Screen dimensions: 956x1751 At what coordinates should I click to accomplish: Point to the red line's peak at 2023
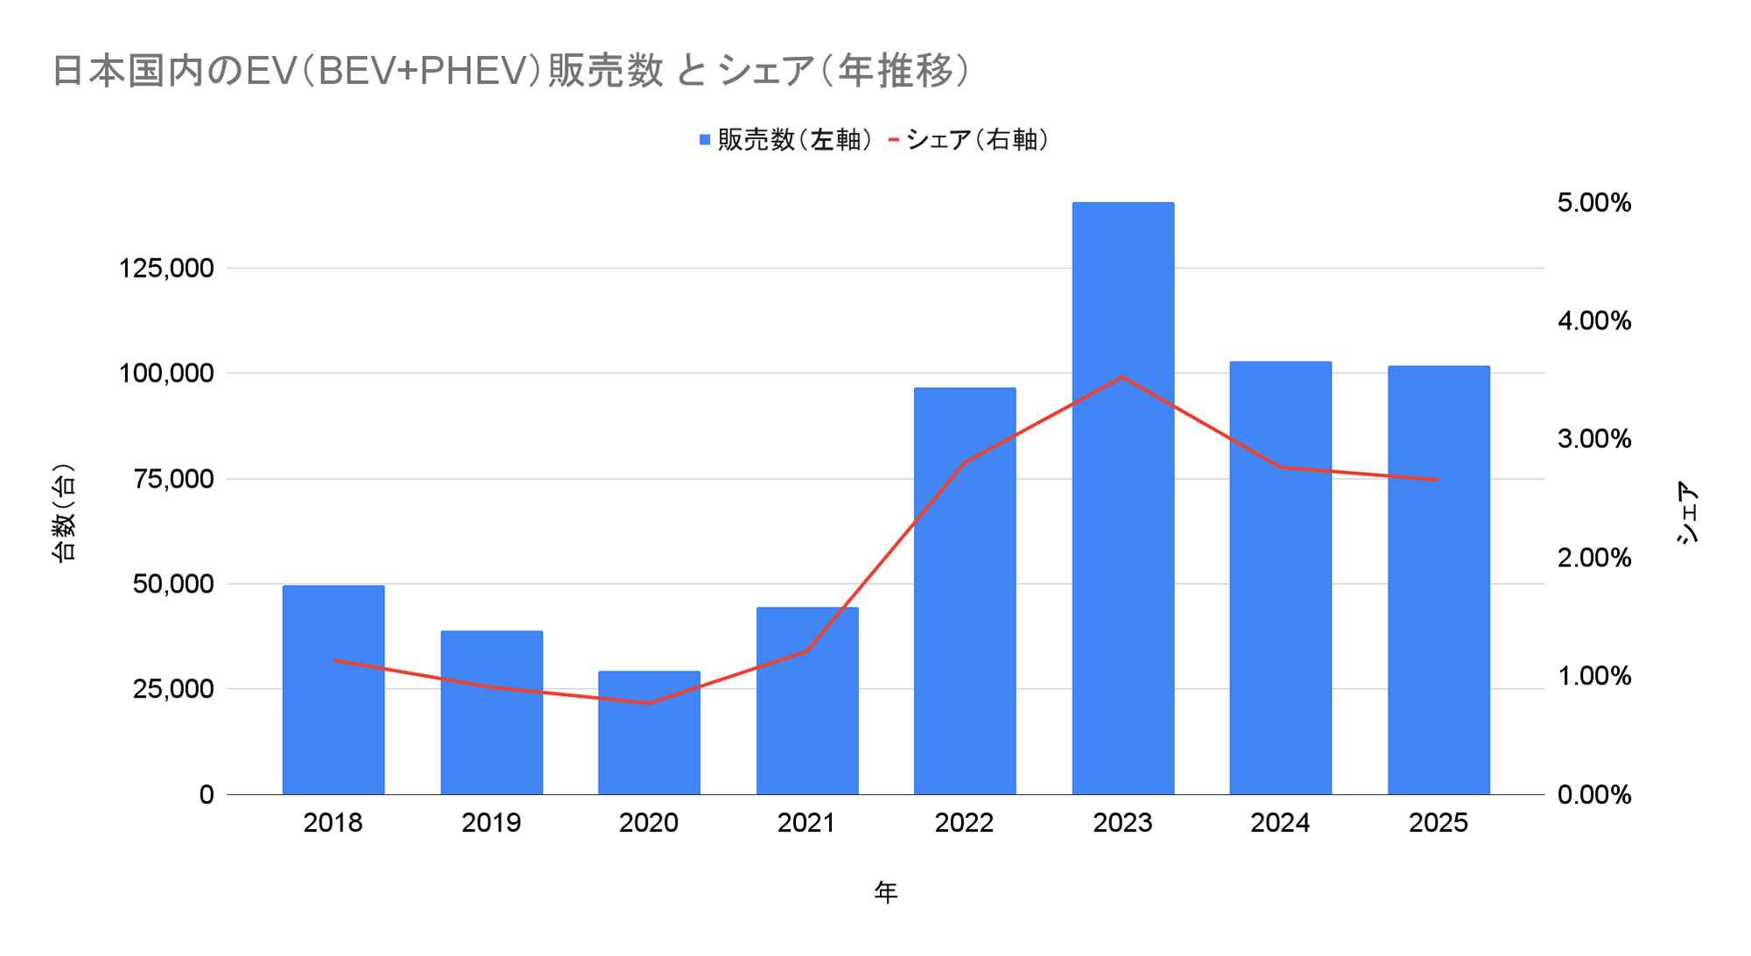tap(1122, 377)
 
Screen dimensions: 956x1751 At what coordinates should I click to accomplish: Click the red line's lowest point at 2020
tap(649, 703)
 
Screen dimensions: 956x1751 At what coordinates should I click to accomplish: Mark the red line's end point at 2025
tap(1438, 480)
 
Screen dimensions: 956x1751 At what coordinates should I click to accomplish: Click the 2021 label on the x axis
tap(806, 823)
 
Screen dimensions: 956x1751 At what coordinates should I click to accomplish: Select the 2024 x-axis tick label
tap(1280, 823)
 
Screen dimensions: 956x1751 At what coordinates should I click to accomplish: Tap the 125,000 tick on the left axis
tap(166, 268)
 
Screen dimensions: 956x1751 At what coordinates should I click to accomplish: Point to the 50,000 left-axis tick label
tap(173, 584)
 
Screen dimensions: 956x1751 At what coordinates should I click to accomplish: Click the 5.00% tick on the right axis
tap(1593, 203)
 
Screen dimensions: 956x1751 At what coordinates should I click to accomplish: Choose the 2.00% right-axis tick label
tap(1593, 558)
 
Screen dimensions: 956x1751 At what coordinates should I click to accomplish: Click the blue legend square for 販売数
tap(705, 140)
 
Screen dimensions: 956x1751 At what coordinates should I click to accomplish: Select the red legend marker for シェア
tap(894, 140)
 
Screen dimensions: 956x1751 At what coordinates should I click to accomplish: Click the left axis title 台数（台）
tap(65, 512)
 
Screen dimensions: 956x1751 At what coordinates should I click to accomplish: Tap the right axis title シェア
tap(1687, 512)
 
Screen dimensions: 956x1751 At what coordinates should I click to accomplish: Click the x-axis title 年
tap(885, 893)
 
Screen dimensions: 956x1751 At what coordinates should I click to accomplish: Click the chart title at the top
tap(511, 72)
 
